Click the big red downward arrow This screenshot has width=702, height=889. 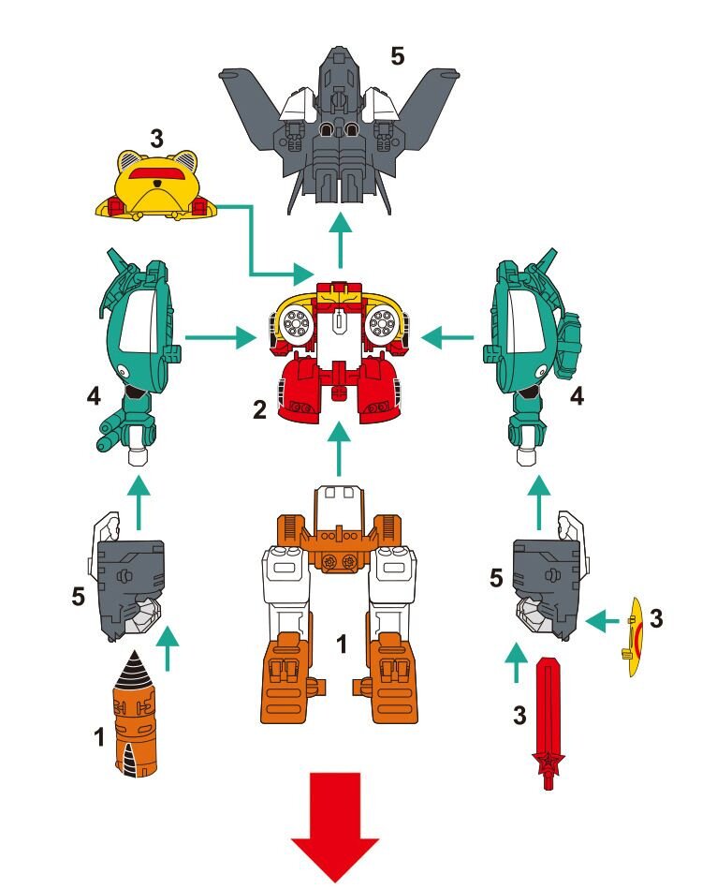click(x=335, y=828)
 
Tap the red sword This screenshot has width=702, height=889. click(x=548, y=723)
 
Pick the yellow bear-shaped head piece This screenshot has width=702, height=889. click(x=156, y=187)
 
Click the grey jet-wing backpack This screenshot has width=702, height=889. click(x=339, y=127)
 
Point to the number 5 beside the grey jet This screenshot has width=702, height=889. click(x=398, y=56)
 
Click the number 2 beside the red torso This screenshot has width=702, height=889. click(x=259, y=409)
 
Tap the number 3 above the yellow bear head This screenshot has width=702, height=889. click(x=156, y=138)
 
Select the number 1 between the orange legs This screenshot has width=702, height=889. click(x=341, y=645)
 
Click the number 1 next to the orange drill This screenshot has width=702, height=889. click(x=99, y=737)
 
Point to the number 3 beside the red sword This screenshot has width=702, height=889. click(x=519, y=716)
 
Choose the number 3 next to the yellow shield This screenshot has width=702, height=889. click(x=656, y=618)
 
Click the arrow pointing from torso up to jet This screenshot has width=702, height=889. click(x=340, y=239)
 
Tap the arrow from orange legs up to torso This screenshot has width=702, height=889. click(x=339, y=449)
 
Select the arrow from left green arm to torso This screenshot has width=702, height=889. click(x=221, y=338)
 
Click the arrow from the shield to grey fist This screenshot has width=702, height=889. click(x=602, y=622)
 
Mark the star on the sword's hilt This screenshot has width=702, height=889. click(x=548, y=759)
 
